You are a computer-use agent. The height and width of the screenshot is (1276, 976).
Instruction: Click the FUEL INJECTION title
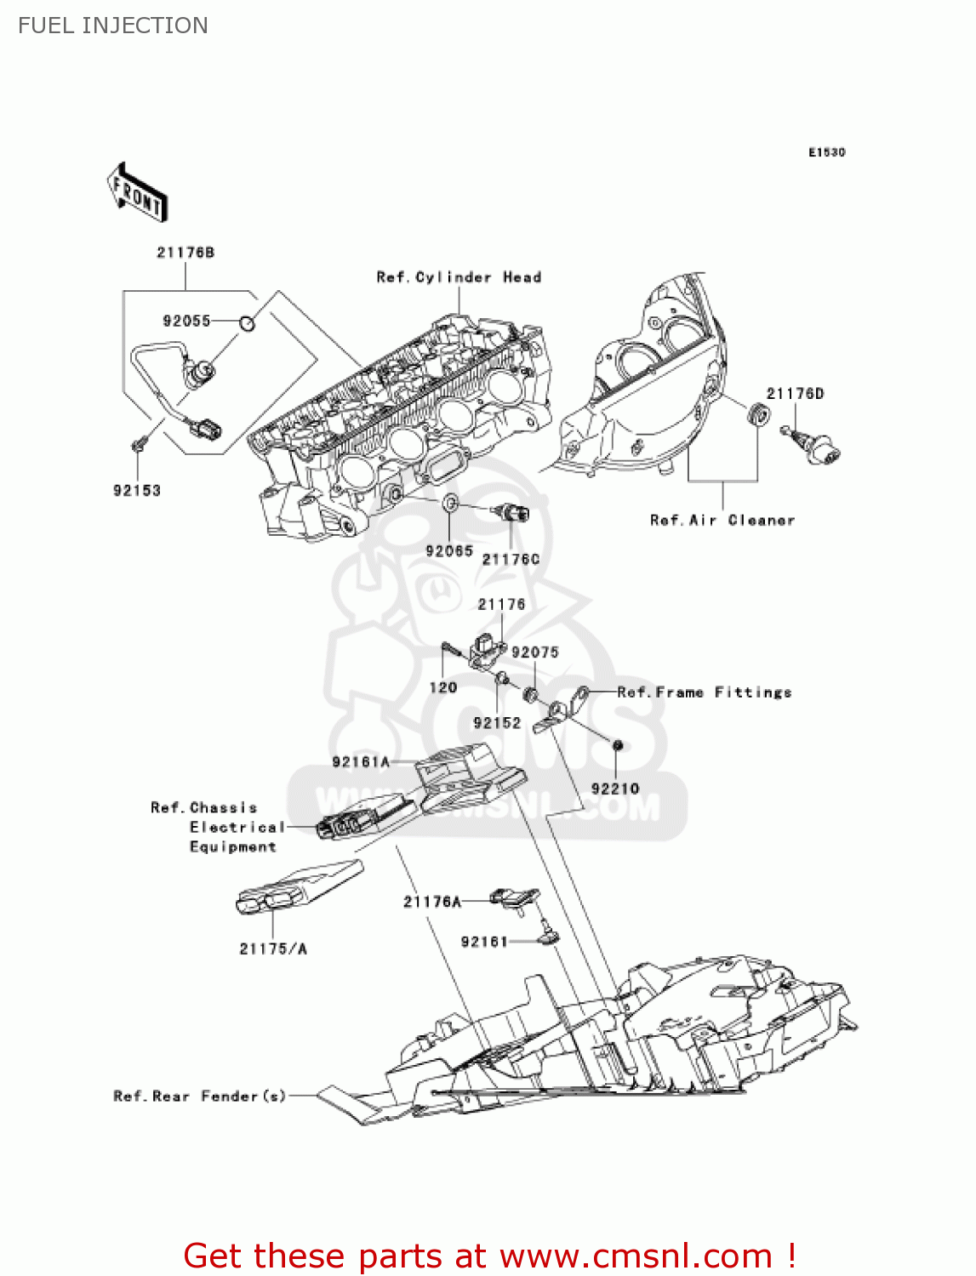point(112,26)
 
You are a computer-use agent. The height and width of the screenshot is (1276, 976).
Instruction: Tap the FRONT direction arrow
point(137,193)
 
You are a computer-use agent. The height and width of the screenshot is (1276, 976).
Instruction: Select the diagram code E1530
point(826,152)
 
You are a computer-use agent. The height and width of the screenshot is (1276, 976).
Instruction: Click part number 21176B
point(185,253)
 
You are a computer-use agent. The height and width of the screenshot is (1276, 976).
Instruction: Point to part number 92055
point(186,321)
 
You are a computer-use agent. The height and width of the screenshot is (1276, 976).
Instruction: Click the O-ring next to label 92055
point(247,322)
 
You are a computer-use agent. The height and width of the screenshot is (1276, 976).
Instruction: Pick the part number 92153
point(137,491)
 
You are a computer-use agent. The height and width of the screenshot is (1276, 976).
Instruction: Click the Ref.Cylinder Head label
point(459,277)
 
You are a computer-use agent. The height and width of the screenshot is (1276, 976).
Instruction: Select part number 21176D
point(795,393)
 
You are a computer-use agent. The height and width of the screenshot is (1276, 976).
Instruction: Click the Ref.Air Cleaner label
point(722,520)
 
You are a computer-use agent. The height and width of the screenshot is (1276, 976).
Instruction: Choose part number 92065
point(448,550)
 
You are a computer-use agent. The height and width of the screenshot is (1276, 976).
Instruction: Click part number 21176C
point(511,559)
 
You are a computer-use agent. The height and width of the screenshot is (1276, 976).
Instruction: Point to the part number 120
point(442,687)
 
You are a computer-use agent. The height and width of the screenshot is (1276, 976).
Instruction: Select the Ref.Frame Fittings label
point(705,692)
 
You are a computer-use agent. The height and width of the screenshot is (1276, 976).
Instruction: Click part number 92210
point(614,789)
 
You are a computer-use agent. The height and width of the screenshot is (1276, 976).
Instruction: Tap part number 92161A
point(361,762)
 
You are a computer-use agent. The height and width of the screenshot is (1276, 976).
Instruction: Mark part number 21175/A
point(273,948)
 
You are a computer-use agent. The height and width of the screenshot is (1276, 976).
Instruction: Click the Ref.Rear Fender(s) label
point(200,1097)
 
